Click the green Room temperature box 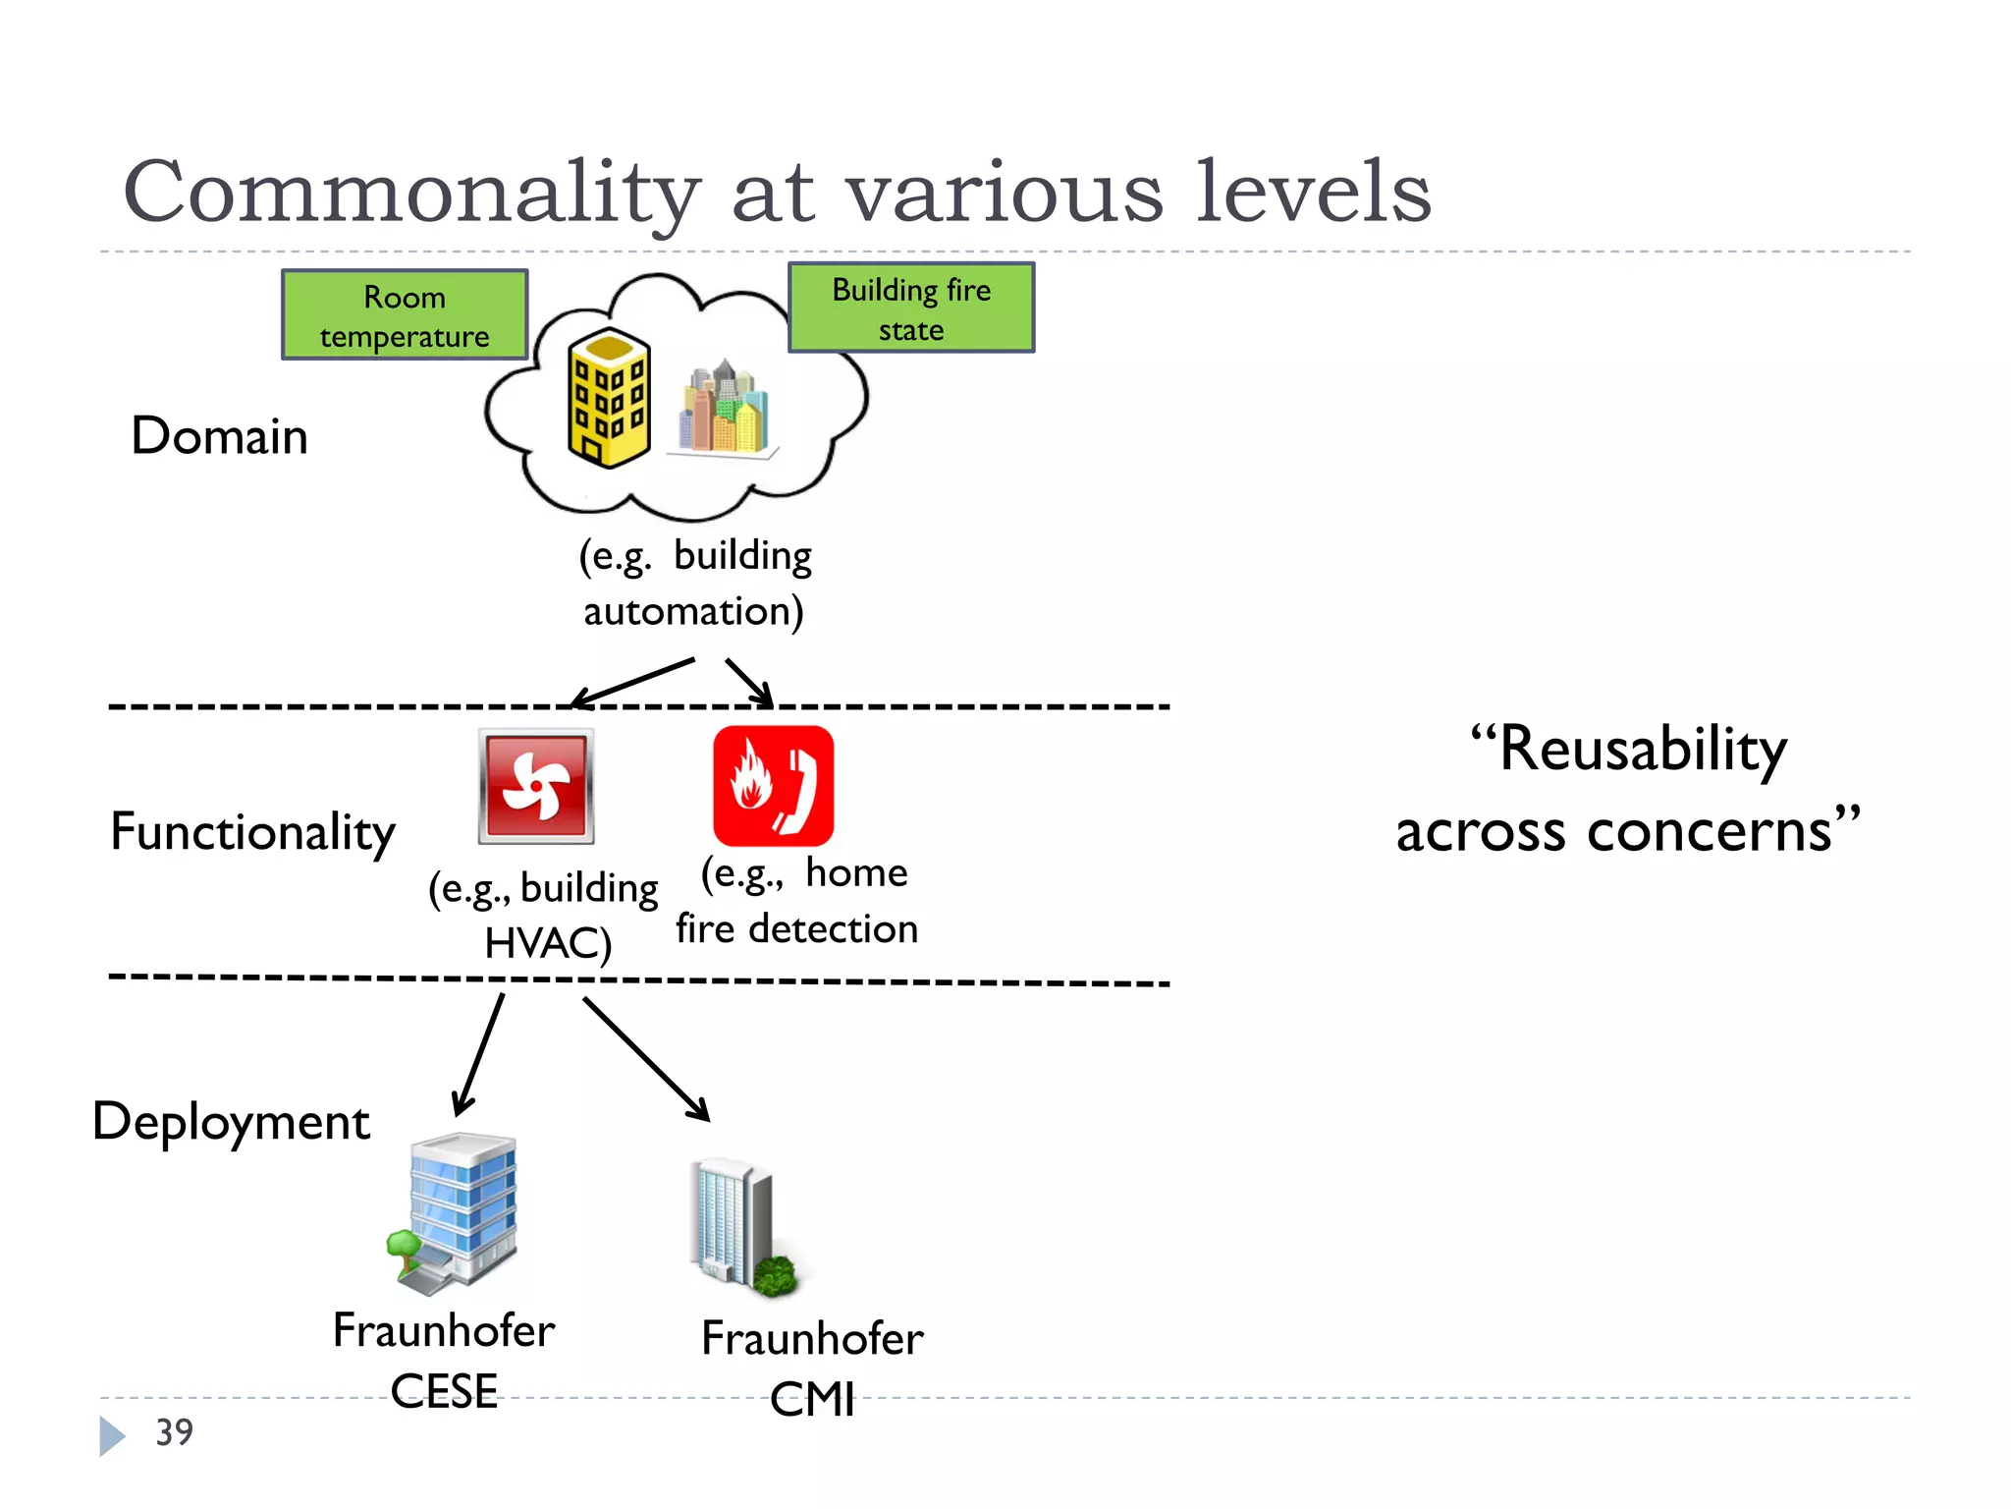(x=405, y=315)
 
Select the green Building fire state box (x=911, y=308)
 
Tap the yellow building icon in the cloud (x=609, y=398)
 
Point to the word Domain (x=220, y=436)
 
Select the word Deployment (x=232, y=1122)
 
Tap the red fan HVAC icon (x=536, y=786)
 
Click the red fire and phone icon (x=774, y=786)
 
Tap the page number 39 (x=175, y=1432)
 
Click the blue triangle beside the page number (x=111, y=1435)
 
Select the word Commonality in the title (x=412, y=193)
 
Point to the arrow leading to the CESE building (x=479, y=1054)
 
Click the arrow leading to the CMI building (x=645, y=1059)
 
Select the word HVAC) (x=548, y=943)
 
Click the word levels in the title (x=1313, y=193)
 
